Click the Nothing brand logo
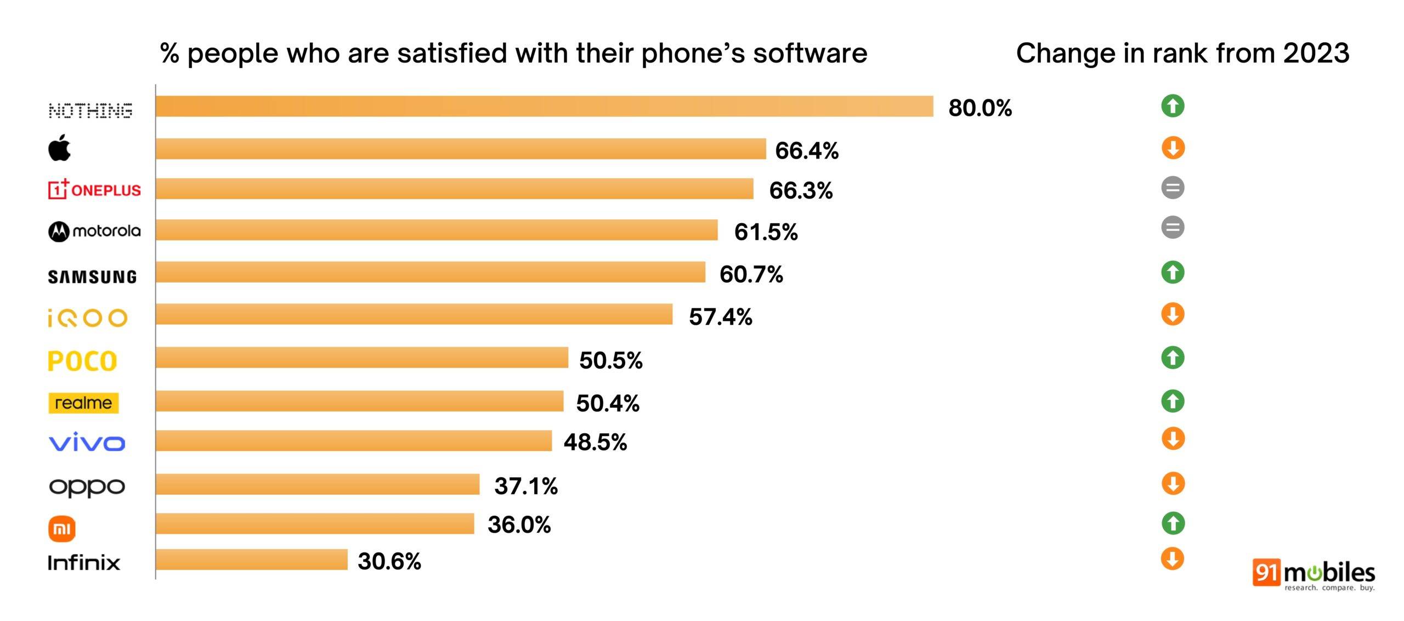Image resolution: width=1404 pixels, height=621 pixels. coord(90,110)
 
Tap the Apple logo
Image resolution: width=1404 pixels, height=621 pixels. coord(60,148)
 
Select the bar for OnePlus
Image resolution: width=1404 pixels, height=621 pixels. coord(454,189)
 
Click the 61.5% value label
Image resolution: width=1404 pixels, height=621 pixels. coord(766,232)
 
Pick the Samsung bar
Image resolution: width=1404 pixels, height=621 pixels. coord(430,272)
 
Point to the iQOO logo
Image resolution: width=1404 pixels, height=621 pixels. coord(88,318)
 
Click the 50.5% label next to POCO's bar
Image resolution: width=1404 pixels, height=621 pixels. coord(610,360)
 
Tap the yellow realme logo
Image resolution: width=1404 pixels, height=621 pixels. coord(83,403)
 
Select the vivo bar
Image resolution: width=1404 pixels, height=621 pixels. coord(353,441)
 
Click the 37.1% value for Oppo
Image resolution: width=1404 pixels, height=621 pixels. coord(525,486)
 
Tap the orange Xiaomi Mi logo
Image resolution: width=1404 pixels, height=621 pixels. coord(62,529)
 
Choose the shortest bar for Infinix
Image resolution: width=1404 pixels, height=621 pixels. coord(251,560)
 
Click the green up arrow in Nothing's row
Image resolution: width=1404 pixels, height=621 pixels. coord(1173,106)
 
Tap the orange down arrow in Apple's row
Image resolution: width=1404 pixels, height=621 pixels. coord(1173,148)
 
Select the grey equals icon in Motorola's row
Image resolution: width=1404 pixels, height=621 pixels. coord(1173,227)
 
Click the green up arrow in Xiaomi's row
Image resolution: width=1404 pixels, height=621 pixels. coord(1173,523)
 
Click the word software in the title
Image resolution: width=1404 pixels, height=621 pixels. coord(809,54)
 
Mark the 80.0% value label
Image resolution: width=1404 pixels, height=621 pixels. coord(980,108)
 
